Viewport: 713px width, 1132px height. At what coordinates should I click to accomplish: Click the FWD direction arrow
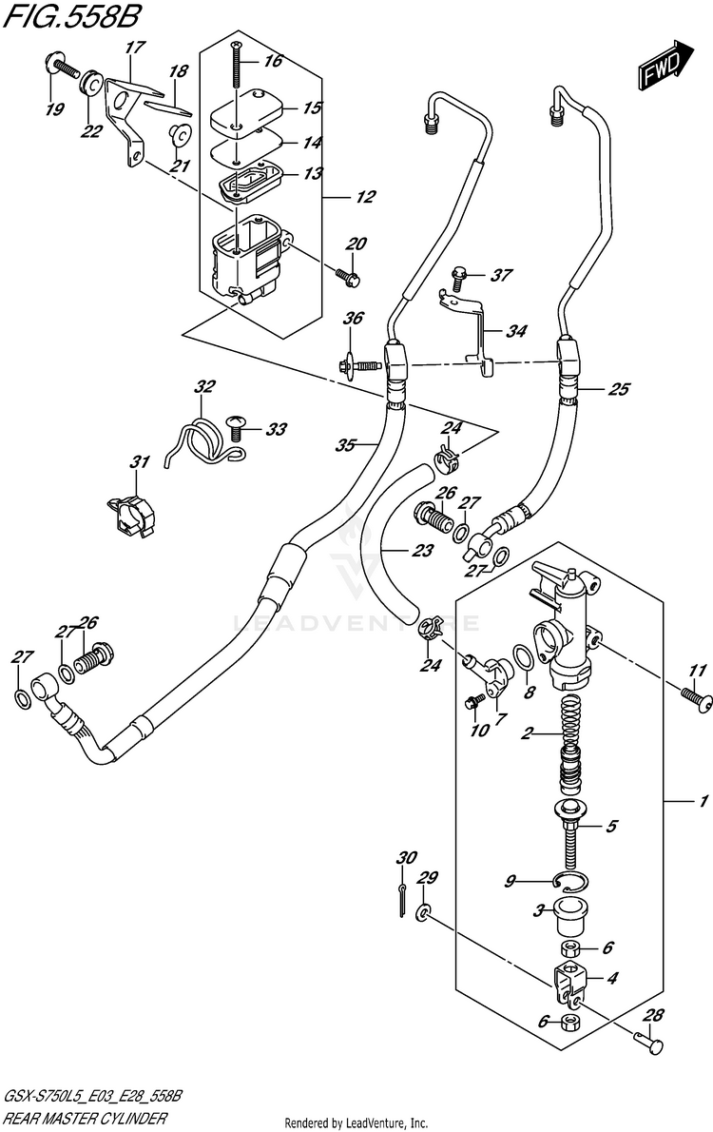point(665,65)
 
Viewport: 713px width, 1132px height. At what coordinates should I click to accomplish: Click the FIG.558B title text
point(71,15)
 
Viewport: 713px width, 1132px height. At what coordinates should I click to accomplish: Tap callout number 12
point(365,197)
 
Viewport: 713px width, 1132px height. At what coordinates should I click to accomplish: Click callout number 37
point(501,275)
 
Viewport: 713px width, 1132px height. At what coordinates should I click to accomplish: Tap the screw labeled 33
point(235,427)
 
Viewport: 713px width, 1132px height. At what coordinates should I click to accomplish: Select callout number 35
point(346,445)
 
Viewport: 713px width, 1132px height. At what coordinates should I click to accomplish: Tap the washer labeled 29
point(423,915)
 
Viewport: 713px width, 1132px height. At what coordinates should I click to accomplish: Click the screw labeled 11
point(697,699)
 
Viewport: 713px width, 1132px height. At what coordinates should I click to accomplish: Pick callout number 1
point(702,801)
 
